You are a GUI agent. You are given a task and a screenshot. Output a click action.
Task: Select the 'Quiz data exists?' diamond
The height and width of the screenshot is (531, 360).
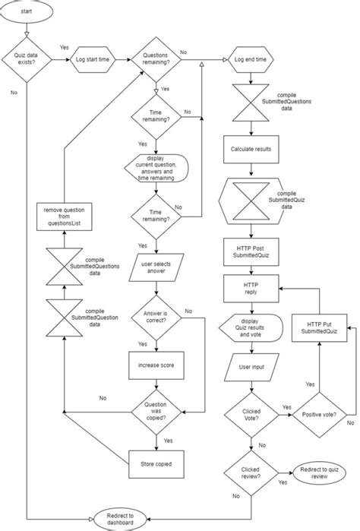[x=27, y=58]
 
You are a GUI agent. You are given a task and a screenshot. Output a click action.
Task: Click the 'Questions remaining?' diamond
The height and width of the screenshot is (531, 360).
[x=156, y=58]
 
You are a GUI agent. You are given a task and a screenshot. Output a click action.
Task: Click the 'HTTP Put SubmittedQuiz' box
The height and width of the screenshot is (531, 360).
[x=319, y=328]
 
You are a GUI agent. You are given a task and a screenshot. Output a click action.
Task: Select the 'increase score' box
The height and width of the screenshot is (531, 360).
[x=156, y=365]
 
